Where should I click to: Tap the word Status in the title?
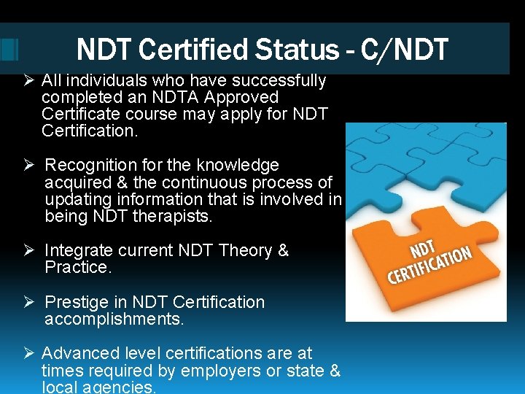click(300, 50)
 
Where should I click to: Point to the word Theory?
click(245, 251)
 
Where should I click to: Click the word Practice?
click(77, 268)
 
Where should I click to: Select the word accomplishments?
click(114, 319)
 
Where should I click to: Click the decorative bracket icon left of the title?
click(9, 49)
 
